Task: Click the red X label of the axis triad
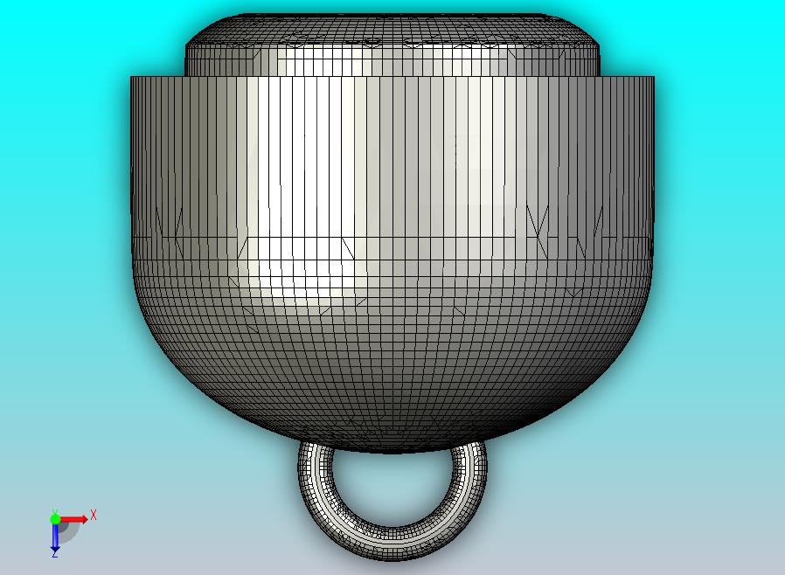94,515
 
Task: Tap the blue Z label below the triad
54,553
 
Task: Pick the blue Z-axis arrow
55,537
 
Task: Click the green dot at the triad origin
55,519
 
